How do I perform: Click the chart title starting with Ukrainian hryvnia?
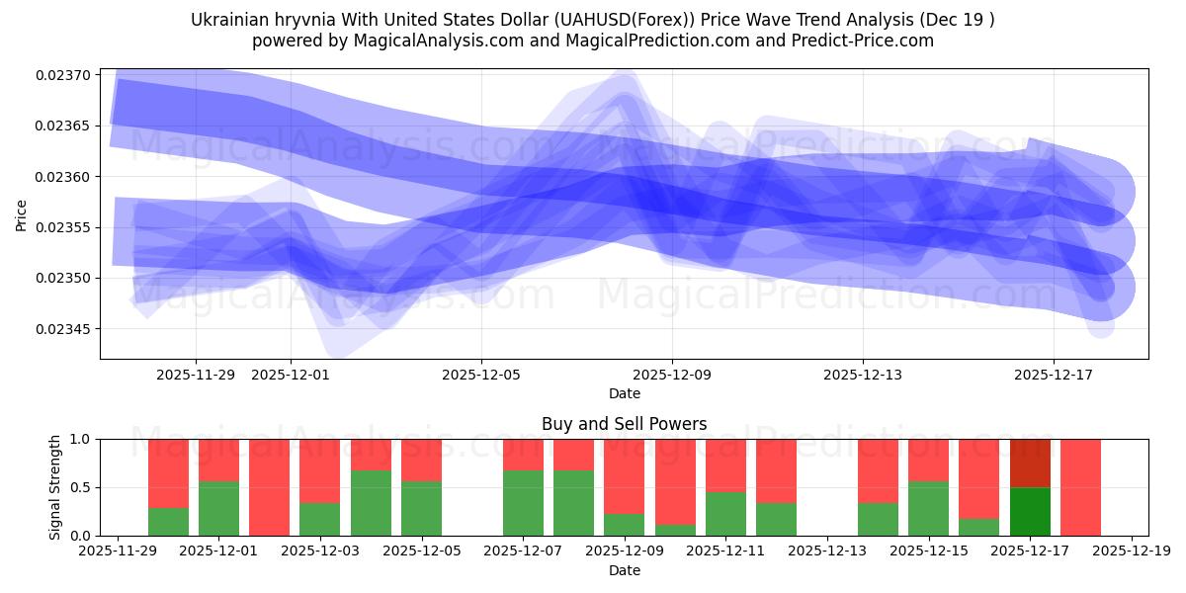click(592, 20)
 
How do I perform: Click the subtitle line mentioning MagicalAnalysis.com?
click(592, 41)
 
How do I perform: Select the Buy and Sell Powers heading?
click(624, 424)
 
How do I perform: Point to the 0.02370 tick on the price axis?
click(63, 75)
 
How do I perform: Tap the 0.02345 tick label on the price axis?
click(63, 329)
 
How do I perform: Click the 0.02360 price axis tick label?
click(63, 177)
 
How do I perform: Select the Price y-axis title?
click(21, 213)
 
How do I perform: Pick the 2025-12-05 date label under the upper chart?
click(481, 375)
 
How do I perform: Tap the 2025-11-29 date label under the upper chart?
click(196, 375)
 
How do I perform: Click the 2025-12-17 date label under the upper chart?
click(1054, 375)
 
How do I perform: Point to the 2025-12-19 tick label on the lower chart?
click(1132, 551)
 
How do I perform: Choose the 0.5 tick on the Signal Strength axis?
click(80, 487)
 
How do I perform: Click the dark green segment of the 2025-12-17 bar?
click(1030, 511)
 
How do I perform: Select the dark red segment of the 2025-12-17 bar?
click(1030, 463)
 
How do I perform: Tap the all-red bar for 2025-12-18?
click(1080, 487)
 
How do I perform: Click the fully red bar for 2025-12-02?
click(270, 487)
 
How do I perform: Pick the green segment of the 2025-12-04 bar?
click(371, 503)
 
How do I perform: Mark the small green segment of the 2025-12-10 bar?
click(675, 530)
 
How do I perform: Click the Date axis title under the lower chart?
click(624, 570)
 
